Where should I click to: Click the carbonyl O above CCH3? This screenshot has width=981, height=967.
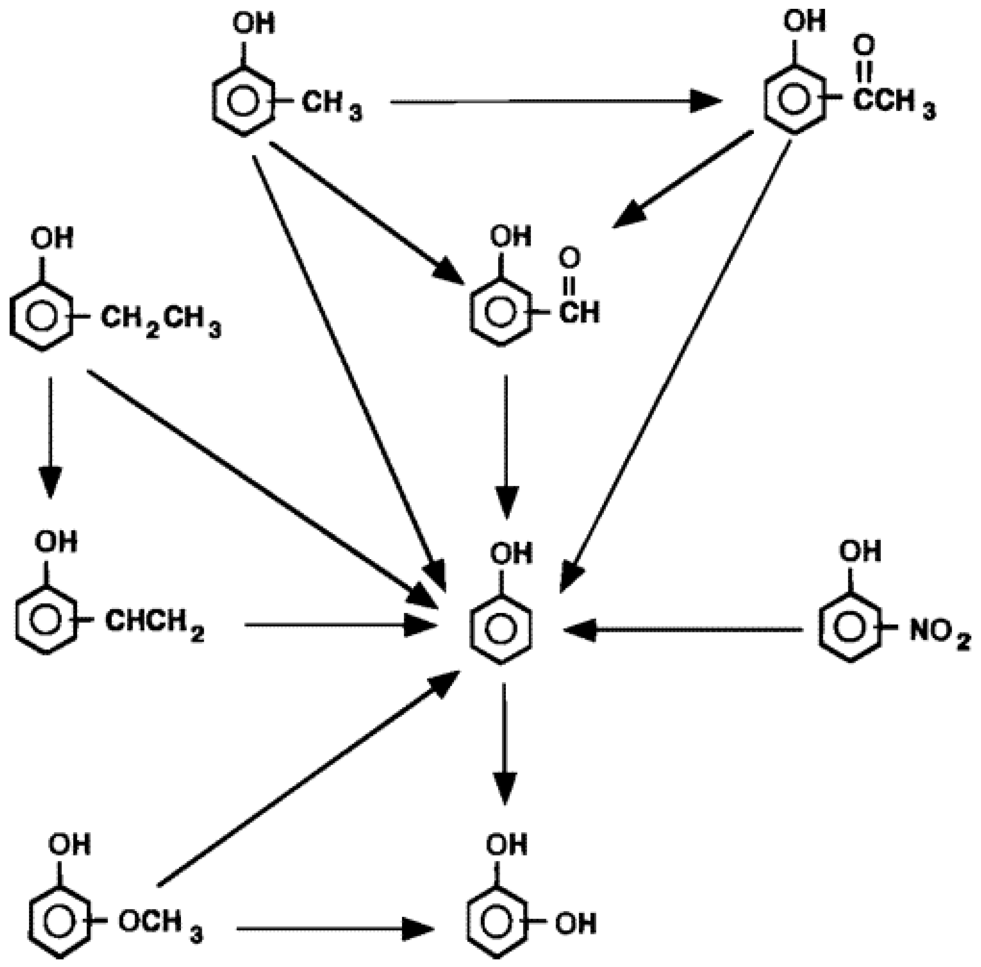pyautogui.click(x=863, y=46)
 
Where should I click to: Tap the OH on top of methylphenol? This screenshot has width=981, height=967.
pyautogui.click(x=253, y=24)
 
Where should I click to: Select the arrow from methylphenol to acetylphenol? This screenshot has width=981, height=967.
pyautogui.click(x=553, y=102)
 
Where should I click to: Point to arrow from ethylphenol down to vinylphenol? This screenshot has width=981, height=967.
pyautogui.click(x=50, y=437)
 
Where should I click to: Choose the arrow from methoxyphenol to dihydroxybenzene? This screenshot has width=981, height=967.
pyautogui.click(x=335, y=929)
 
